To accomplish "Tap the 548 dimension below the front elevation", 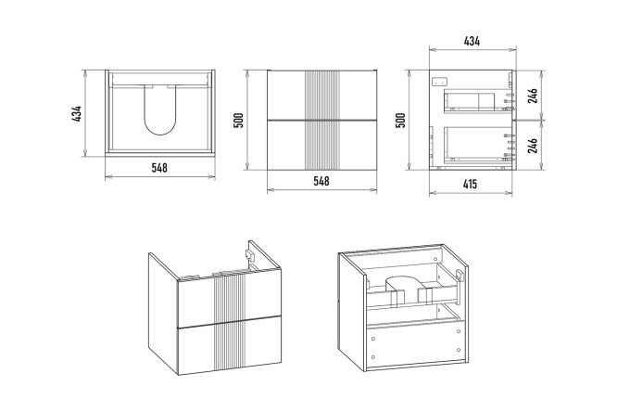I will coord(321,181).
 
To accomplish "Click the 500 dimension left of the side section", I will coord(401,120).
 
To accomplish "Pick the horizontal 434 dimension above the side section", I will coord(472,42).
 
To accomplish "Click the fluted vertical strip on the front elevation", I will coord(321,119).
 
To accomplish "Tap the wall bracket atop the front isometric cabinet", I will coord(250,252).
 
